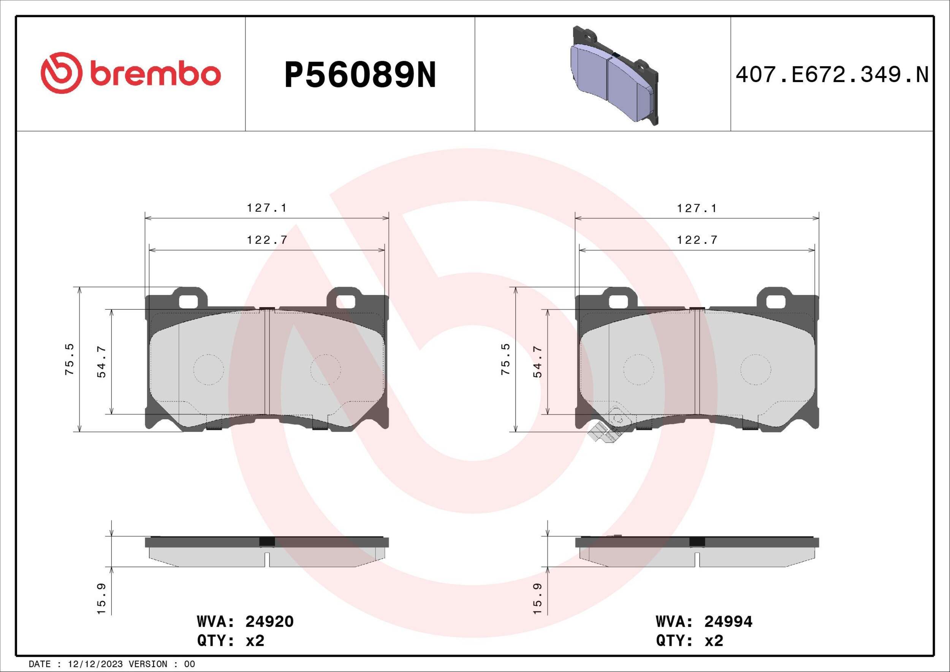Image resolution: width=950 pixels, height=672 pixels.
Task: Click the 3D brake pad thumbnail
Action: coord(614,75)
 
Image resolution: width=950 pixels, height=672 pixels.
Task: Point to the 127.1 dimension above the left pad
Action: coord(266,208)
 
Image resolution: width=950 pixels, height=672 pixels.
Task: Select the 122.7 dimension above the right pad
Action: coord(697,239)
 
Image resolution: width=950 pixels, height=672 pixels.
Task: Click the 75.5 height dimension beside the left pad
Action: coord(69,359)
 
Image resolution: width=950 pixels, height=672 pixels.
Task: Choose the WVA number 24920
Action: coord(269,621)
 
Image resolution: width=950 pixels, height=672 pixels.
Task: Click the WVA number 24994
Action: coord(728,621)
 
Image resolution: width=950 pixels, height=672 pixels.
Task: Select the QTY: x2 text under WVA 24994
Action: coord(689,640)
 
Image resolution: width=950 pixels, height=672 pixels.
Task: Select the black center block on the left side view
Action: coord(266,542)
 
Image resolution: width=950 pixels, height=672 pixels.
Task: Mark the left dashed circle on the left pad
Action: coord(209,369)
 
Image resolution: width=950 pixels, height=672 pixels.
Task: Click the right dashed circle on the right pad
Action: coord(755,369)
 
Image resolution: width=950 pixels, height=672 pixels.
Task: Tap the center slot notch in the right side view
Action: coord(697,559)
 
